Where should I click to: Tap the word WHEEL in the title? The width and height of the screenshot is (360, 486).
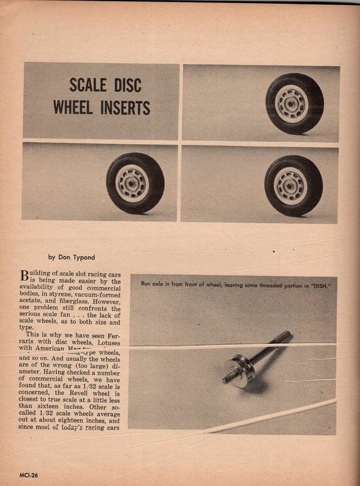click(72, 108)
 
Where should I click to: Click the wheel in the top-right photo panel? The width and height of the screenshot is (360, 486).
click(294, 103)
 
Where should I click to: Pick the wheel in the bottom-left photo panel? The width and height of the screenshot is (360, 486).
click(135, 182)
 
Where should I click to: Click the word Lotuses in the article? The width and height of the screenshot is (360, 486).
click(103, 342)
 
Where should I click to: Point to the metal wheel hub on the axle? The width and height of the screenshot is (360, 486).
click(238, 371)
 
